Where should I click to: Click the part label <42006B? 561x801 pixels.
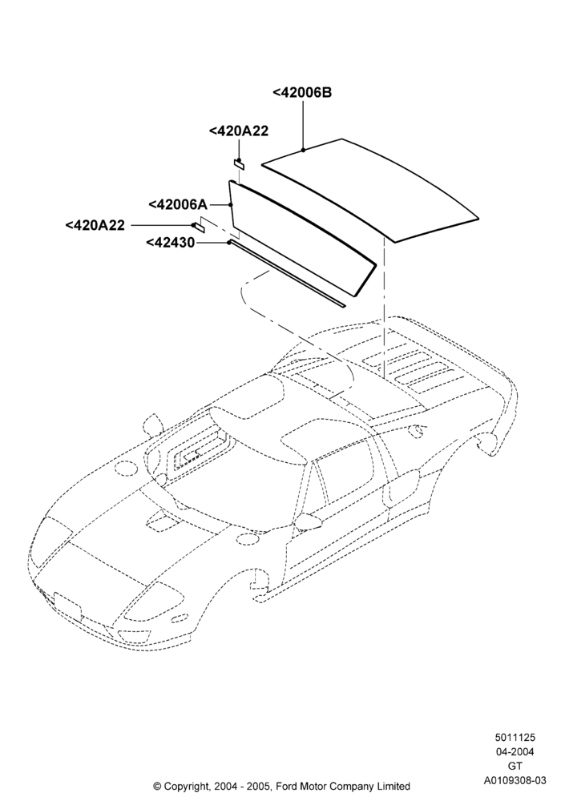tap(302, 92)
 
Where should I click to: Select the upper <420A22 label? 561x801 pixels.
tap(239, 131)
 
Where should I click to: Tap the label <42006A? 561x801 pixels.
tap(178, 204)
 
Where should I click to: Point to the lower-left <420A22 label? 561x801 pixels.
tap(95, 225)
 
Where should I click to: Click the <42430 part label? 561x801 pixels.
tap(170, 243)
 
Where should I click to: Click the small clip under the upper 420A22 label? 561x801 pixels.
tap(239, 164)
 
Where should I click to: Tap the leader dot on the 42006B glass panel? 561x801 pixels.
tap(303, 150)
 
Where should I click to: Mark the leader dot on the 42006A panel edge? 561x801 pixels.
tap(231, 205)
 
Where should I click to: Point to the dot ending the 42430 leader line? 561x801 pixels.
tap(230, 243)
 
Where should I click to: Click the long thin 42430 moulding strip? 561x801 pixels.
tap(287, 274)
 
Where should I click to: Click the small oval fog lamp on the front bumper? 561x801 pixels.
tap(178, 620)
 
